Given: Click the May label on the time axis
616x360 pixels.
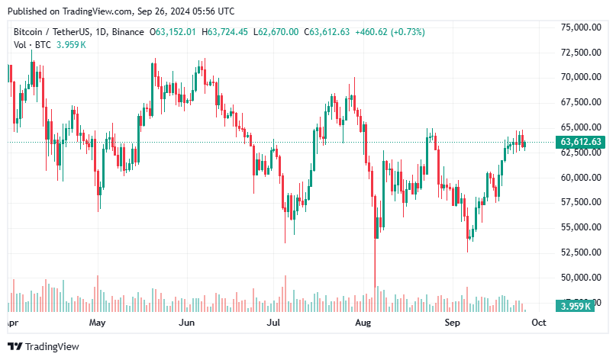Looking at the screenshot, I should (96, 323).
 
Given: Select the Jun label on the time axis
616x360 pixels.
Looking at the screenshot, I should (185, 323).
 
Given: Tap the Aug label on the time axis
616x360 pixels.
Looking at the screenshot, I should (363, 323).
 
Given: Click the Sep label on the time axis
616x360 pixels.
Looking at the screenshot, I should (453, 323).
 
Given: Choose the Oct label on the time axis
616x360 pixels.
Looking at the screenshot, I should (538, 323).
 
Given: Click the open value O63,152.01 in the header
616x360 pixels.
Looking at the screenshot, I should (173, 32).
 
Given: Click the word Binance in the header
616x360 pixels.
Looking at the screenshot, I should (127, 32).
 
